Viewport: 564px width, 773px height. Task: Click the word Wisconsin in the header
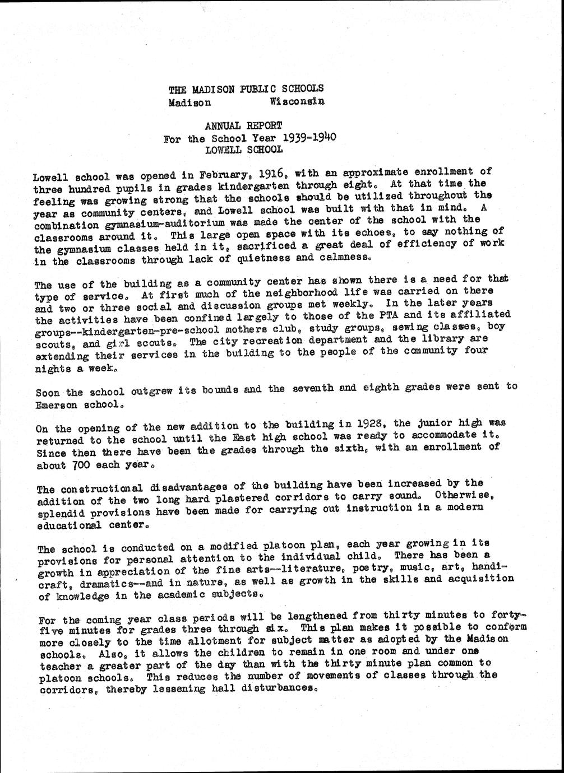pos(297,101)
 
